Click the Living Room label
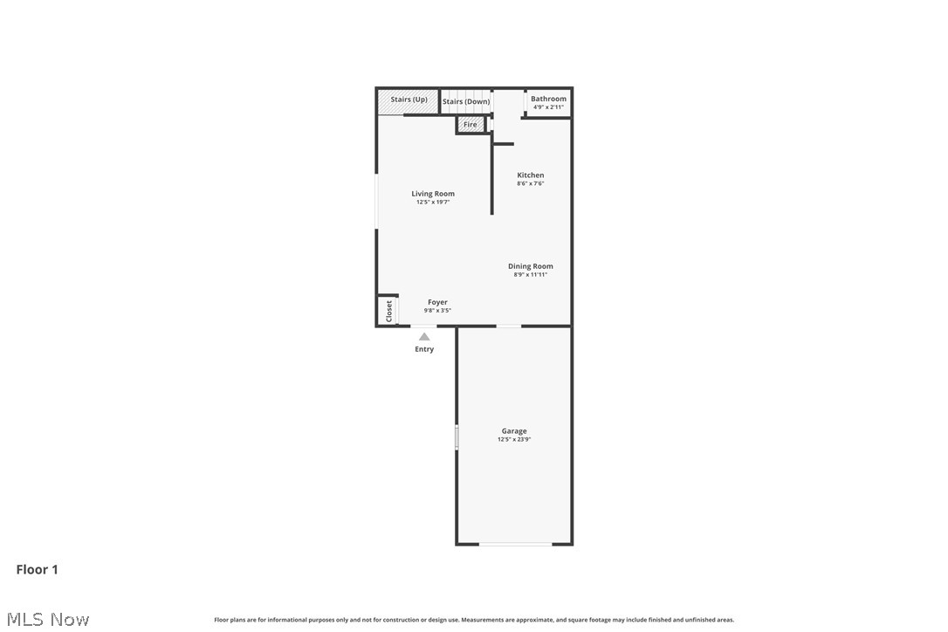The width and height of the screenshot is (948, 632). (x=433, y=194)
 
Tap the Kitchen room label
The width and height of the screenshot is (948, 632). (x=530, y=175)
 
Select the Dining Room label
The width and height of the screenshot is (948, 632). (x=531, y=266)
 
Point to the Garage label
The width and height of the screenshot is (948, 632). (x=514, y=431)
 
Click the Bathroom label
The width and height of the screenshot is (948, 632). (x=548, y=99)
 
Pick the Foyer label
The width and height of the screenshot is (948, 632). (x=437, y=302)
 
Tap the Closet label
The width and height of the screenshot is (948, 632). (x=389, y=311)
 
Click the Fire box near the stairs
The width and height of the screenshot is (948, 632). (x=471, y=125)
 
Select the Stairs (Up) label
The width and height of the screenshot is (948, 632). (x=409, y=100)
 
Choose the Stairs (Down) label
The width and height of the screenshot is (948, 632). (x=466, y=101)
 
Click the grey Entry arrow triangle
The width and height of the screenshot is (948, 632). (x=424, y=336)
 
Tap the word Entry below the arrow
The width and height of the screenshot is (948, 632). (x=424, y=349)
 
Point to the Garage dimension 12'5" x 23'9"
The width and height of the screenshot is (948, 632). (x=514, y=440)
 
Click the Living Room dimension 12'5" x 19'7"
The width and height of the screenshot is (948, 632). (x=433, y=203)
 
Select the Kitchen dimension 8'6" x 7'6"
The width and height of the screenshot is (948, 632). (x=530, y=183)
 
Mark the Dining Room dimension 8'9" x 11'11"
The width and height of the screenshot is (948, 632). (x=531, y=275)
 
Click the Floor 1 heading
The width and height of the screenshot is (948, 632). (x=38, y=570)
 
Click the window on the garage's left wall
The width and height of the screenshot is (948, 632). (x=457, y=437)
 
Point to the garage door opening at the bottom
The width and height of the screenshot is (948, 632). (x=515, y=545)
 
